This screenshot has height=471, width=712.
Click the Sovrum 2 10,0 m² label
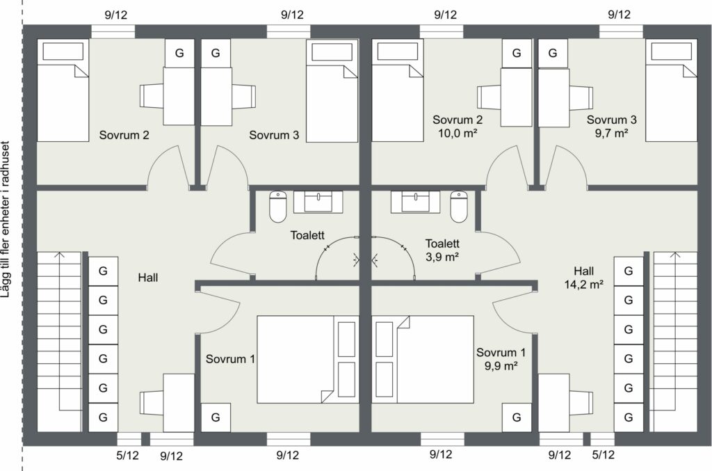[x=458, y=126]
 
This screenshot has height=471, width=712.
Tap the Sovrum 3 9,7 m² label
[x=611, y=126]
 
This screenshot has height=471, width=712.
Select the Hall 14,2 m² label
[x=584, y=278]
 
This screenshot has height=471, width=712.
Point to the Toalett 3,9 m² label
[x=442, y=250]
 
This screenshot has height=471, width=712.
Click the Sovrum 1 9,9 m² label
[x=501, y=359]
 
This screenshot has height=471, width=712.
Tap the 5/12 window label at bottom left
[x=128, y=455]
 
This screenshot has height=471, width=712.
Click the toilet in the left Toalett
[x=278, y=207]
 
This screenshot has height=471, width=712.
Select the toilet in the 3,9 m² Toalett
[x=459, y=207]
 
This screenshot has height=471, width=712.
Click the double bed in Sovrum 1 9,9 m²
[x=423, y=359]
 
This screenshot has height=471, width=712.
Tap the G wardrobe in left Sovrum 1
[x=216, y=417]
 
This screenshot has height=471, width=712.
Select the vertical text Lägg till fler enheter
[x=6, y=221]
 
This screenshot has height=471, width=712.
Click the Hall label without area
[x=148, y=278]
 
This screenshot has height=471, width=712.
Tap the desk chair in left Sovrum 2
[x=152, y=96]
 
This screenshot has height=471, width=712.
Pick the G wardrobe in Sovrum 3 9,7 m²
[x=553, y=53]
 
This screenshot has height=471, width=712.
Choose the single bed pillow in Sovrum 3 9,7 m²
[x=671, y=51]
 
